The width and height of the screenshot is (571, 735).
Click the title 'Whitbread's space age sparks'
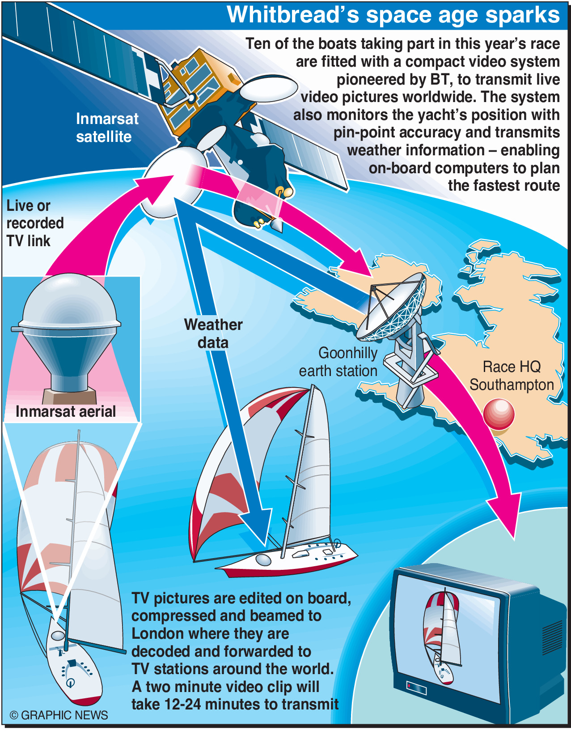click(x=393, y=15)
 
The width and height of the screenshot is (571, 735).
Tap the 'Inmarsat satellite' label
click(x=106, y=128)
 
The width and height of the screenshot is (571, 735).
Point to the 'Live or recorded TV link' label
click(x=34, y=223)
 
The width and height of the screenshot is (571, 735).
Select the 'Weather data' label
click(x=213, y=333)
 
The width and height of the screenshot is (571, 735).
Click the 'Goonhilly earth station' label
click(x=338, y=362)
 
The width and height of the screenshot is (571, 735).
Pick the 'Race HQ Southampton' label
click(x=512, y=376)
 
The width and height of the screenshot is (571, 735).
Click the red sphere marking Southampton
click(x=499, y=415)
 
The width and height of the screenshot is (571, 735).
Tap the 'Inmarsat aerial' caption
click(x=66, y=411)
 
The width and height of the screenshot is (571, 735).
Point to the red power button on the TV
click(x=409, y=685)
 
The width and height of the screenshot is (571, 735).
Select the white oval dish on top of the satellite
click(x=268, y=88)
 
